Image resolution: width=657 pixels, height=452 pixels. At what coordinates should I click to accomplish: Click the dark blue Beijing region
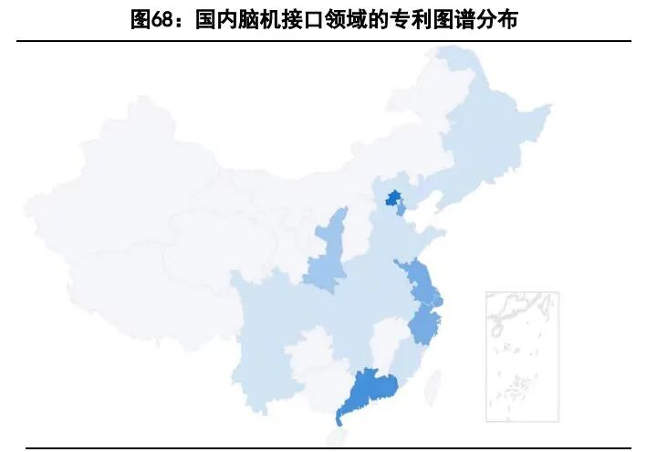click(x=393, y=197)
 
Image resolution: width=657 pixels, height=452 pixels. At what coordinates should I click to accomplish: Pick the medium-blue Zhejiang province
click(x=423, y=324)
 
